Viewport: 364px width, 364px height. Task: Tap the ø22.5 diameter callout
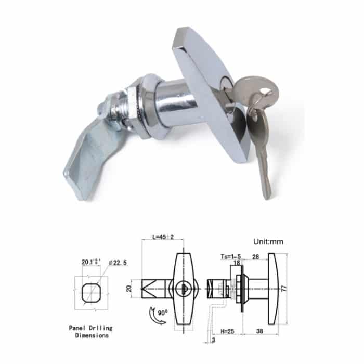118,263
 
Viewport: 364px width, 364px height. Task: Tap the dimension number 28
255,256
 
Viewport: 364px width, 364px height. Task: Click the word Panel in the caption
79,328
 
